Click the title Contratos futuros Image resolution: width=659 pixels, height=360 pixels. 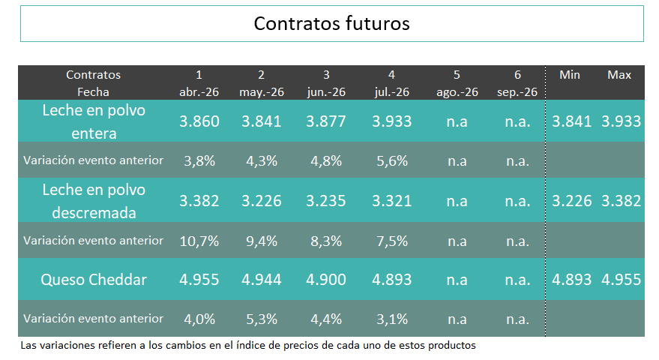(331, 23)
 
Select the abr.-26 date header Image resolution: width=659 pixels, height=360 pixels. (199, 92)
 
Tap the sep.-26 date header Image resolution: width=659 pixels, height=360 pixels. (517, 92)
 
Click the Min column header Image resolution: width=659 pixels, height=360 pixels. (570, 75)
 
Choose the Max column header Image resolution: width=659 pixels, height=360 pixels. (619, 75)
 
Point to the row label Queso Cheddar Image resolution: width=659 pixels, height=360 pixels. (93, 280)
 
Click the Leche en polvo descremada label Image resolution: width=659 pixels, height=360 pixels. (93, 201)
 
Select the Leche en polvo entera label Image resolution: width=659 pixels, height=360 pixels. (93, 121)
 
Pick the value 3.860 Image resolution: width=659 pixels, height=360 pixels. (199, 121)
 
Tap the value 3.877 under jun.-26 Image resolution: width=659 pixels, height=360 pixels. (326, 121)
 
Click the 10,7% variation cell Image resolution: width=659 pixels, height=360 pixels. (199, 241)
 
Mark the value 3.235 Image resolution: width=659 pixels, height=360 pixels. (326, 201)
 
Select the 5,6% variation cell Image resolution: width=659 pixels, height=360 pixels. (391, 160)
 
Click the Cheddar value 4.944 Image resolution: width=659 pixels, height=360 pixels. (262, 280)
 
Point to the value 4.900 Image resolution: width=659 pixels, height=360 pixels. (326, 280)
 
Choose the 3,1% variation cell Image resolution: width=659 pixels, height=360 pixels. (391, 319)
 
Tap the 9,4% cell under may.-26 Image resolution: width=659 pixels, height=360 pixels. (262, 241)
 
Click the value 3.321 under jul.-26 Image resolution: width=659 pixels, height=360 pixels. (391, 201)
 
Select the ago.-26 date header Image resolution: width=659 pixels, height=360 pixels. (457, 92)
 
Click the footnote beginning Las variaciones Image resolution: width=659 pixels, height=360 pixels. (247, 346)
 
